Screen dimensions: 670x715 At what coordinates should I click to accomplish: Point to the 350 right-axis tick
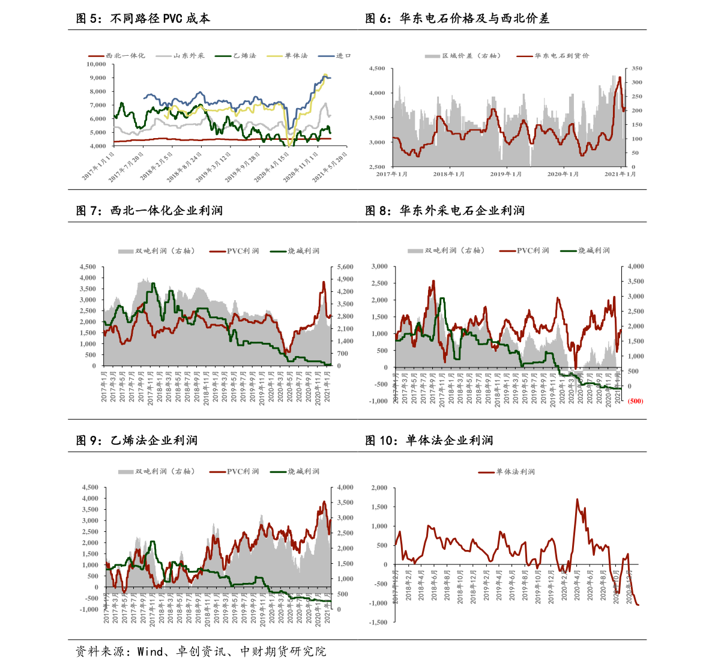636,68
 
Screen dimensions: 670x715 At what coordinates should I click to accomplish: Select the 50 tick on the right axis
635,153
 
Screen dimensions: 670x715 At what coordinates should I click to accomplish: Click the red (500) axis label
635,401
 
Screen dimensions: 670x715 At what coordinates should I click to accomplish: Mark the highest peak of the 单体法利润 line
578,499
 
